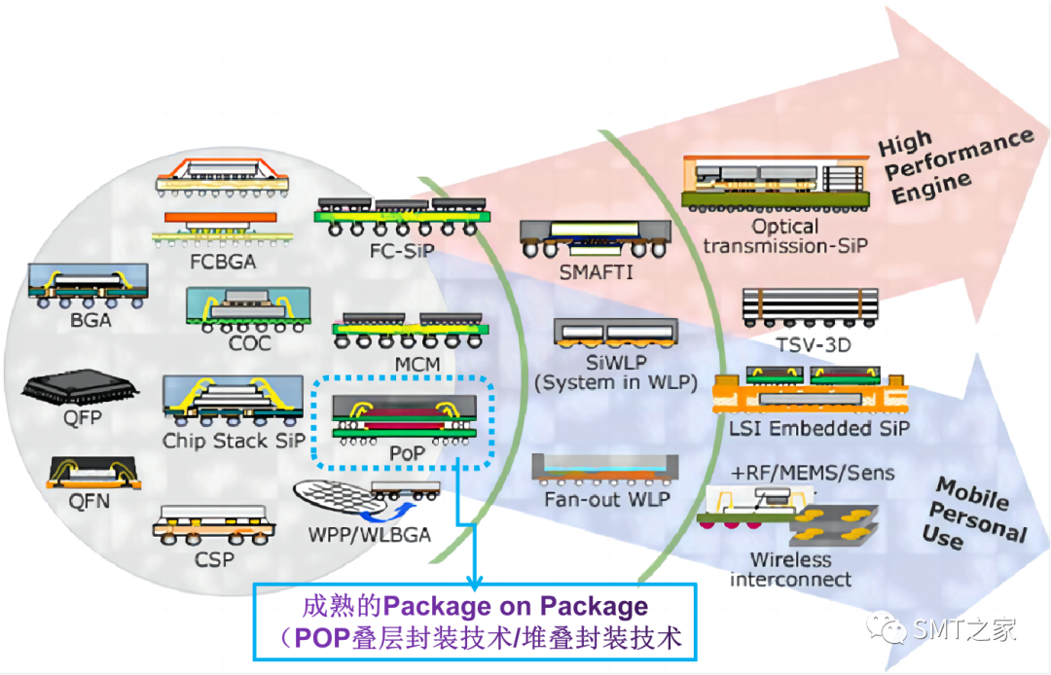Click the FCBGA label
(x=216, y=263)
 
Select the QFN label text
(x=89, y=502)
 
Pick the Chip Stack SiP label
(x=234, y=441)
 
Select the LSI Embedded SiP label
(x=814, y=427)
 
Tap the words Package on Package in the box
(x=516, y=608)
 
